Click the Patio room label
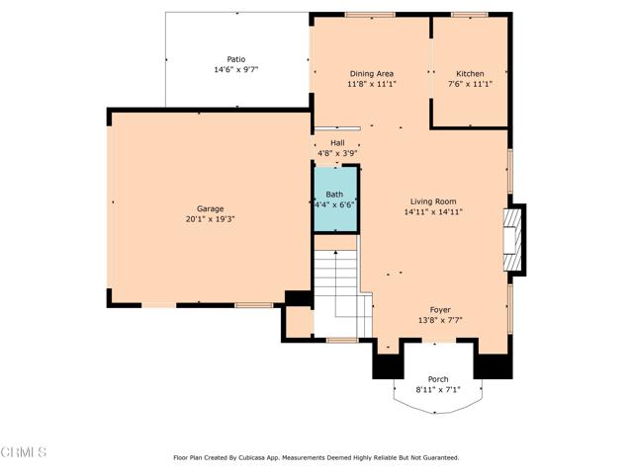(236, 59)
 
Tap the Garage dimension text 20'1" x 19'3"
(211, 219)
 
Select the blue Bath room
(336, 199)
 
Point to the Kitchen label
(470, 74)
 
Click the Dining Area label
(372, 74)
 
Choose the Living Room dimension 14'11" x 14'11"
(433, 212)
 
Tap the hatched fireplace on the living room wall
(512, 240)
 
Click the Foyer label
(440, 310)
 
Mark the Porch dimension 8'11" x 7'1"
(438, 390)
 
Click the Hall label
(337, 142)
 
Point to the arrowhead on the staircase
(336, 253)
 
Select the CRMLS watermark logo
(24, 452)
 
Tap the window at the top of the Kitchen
(470, 15)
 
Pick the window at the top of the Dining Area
(370, 15)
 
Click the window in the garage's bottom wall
(254, 305)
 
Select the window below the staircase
(342, 341)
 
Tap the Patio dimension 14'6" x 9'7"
(236, 70)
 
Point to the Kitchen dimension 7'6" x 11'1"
(471, 84)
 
